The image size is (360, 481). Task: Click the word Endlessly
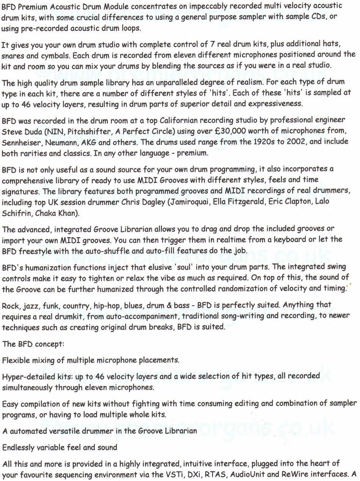pos(17,447)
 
